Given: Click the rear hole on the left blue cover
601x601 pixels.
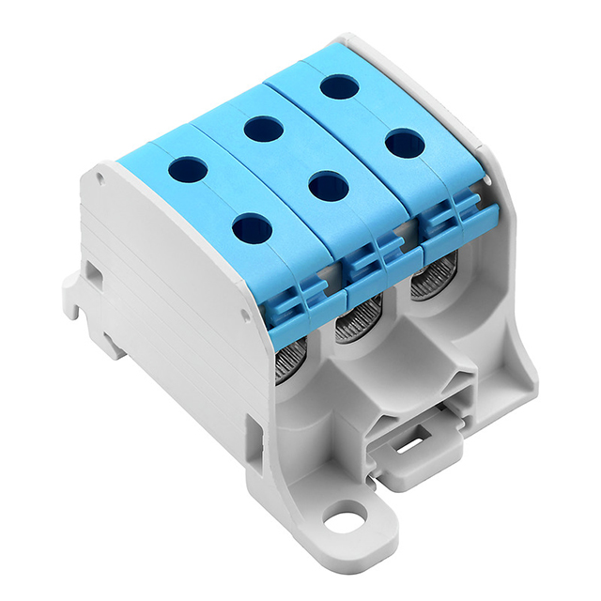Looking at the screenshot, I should pyautogui.click(x=187, y=169).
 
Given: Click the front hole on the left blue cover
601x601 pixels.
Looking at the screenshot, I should pyautogui.click(x=251, y=226).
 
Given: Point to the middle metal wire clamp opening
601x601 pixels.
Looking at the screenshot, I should pyautogui.click(x=358, y=322).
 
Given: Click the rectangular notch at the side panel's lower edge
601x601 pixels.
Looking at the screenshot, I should pyautogui.click(x=253, y=434).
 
